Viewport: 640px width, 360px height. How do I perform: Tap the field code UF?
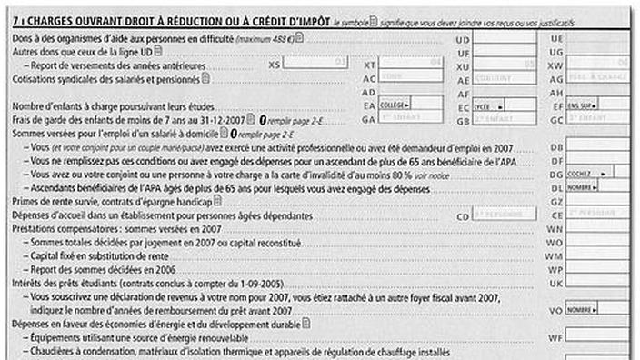(x=463, y=53)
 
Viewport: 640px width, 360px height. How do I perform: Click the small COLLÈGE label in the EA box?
(x=394, y=105)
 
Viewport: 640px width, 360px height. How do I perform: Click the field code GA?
(x=369, y=119)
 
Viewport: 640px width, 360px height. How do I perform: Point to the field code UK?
(x=556, y=283)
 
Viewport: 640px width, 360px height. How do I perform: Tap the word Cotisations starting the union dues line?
(x=34, y=79)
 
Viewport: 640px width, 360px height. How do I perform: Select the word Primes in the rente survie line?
(x=27, y=201)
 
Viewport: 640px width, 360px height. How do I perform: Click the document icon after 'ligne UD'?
(x=157, y=52)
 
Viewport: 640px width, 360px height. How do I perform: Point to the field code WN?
(x=556, y=229)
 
